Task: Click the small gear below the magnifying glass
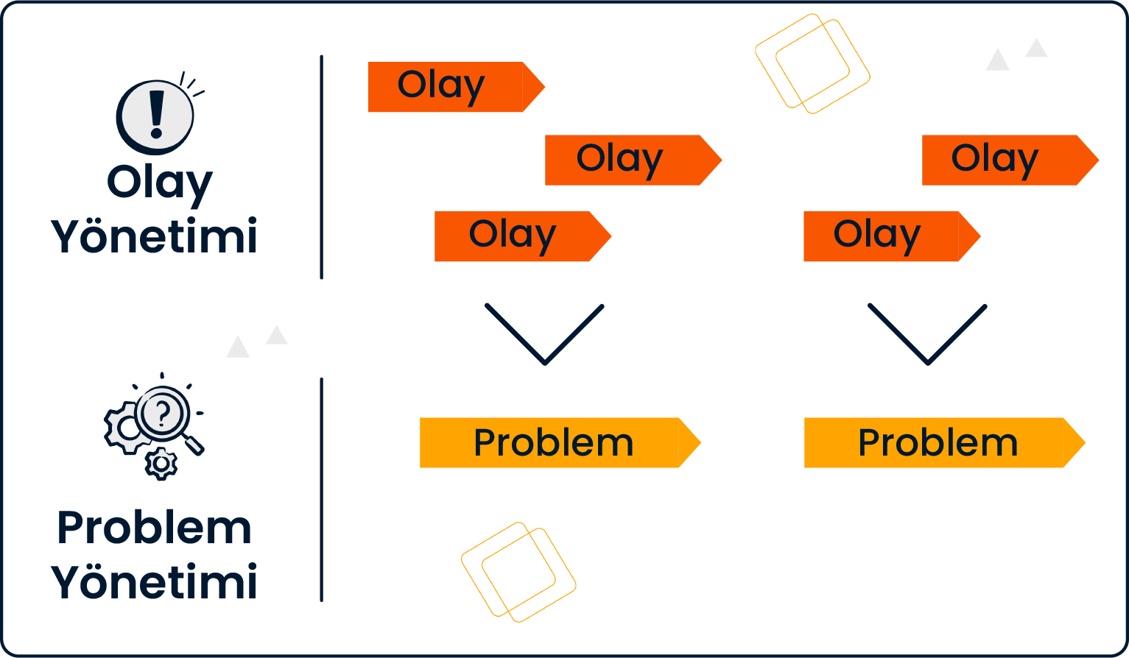(x=161, y=464)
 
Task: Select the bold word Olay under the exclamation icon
(x=160, y=183)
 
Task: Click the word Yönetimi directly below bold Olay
(x=155, y=236)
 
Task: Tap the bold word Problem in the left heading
(x=155, y=528)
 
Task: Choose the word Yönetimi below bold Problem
(x=155, y=581)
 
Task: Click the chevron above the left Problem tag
(x=545, y=336)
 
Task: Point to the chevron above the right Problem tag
(x=928, y=336)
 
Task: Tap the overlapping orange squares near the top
(x=812, y=64)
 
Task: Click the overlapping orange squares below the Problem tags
(x=518, y=572)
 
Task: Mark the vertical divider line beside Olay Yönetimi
(x=322, y=167)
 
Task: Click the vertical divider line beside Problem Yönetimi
(x=322, y=489)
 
